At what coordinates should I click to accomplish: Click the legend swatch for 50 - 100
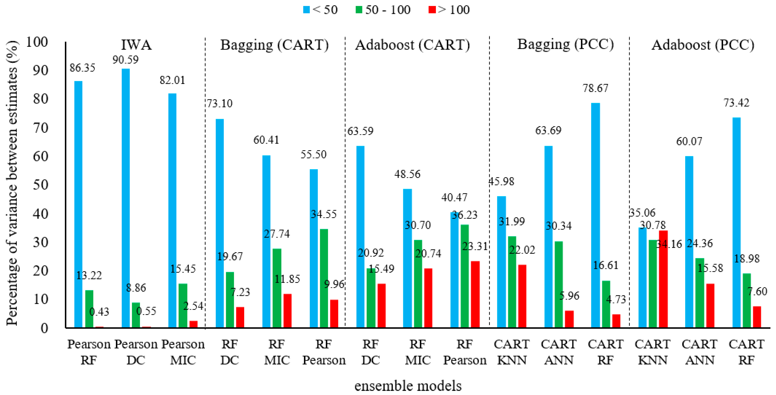click(359, 10)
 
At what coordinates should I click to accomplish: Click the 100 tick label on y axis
click(37, 42)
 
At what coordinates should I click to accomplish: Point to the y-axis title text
click(12, 184)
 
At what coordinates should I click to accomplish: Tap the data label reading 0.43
click(99, 312)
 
